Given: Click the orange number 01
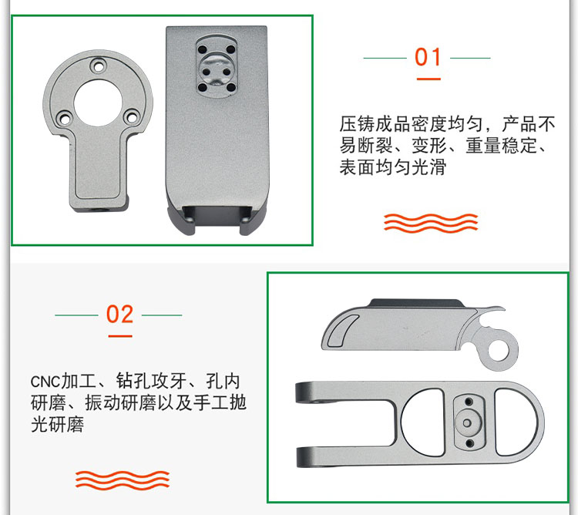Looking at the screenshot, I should [428, 58].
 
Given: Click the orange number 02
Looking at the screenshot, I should [119, 315].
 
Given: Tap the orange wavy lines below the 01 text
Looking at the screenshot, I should [431, 223].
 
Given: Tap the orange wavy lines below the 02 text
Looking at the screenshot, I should [122, 480].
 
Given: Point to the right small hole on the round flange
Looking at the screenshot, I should [132, 117].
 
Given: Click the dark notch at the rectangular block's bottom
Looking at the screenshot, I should [217, 215].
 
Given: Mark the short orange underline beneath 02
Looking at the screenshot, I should [119, 336].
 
